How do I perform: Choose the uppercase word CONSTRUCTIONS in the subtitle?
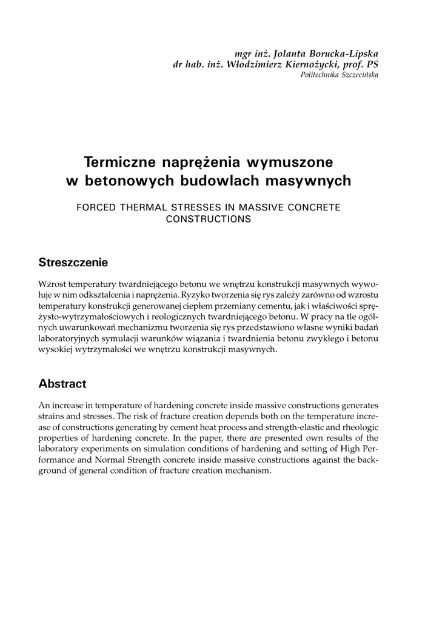pyautogui.click(x=208, y=219)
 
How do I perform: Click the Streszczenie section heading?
pyautogui.click(x=73, y=263)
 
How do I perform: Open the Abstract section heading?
pyautogui.click(x=62, y=384)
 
